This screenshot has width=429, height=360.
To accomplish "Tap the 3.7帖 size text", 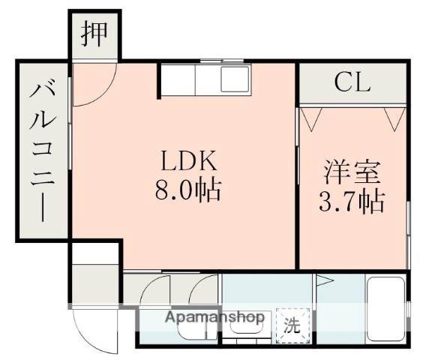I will [352, 200].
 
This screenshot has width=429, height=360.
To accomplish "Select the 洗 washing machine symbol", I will [290, 325].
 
